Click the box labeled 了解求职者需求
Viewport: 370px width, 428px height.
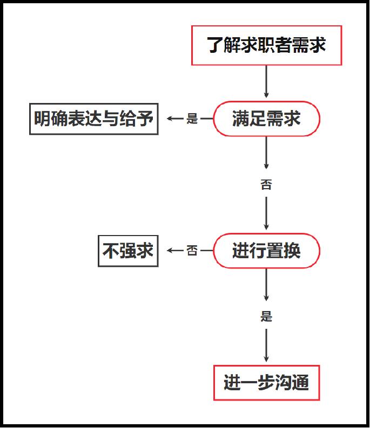pyautogui.click(x=266, y=45)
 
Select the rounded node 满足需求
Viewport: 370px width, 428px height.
pyautogui.click(x=266, y=119)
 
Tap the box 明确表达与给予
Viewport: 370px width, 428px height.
pyautogui.click(x=94, y=119)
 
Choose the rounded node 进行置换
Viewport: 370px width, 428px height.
pyautogui.click(x=266, y=251)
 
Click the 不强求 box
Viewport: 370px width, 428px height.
pyautogui.click(x=128, y=251)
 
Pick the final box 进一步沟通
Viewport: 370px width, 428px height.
pyautogui.click(x=266, y=383)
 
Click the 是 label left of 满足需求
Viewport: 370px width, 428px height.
pyautogui.click(x=192, y=119)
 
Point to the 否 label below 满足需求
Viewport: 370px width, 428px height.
pyautogui.click(x=266, y=184)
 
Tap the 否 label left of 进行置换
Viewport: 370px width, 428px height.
pyautogui.click(x=192, y=251)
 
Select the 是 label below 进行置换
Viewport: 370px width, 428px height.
pyautogui.click(x=266, y=316)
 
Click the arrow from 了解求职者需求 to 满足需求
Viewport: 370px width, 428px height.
pyautogui.click(x=266, y=81)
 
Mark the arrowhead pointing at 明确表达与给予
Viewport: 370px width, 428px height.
pyautogui.click(x=170, y=119)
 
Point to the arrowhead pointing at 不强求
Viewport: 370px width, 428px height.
pyautogui.click(x=170, y=251)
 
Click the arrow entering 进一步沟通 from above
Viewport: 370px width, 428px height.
pyautogui.click(x=266, y=346)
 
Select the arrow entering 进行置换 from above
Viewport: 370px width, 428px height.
pyautogui.click(x=266, y=213)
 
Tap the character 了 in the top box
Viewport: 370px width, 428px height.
pyautogui.click(x=215, y=45)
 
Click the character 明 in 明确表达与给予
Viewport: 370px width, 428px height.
pyautogui.click(x=42, y=119)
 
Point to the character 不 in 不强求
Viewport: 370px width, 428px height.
pyautogui.click(x=111, y=251)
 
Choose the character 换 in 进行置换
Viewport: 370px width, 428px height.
pyautogui.click(x=292, y=251)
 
